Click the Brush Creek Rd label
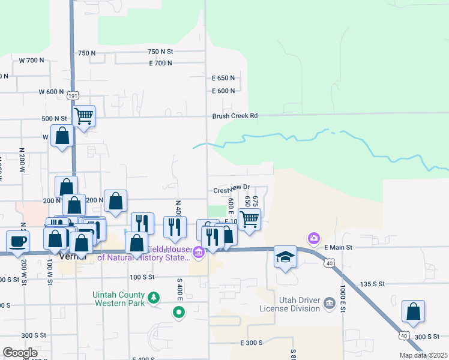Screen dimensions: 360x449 (x=235, y=116)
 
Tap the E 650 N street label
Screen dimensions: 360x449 (x=223, y=78)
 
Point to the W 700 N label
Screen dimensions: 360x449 (x=32, y=61)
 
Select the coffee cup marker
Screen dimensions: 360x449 (x=17, y=241)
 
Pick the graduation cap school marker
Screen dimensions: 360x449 (x=286, y=256)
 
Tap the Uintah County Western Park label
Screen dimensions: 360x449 (x=119, y=299)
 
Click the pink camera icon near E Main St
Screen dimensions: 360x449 (x=313, y=238)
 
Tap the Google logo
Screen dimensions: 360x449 (x=20, y=353)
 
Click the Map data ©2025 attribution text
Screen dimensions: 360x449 (x=423, y=355)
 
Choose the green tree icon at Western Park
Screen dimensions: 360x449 (x=154, y=296)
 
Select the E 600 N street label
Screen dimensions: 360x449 (x=223, y=91)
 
